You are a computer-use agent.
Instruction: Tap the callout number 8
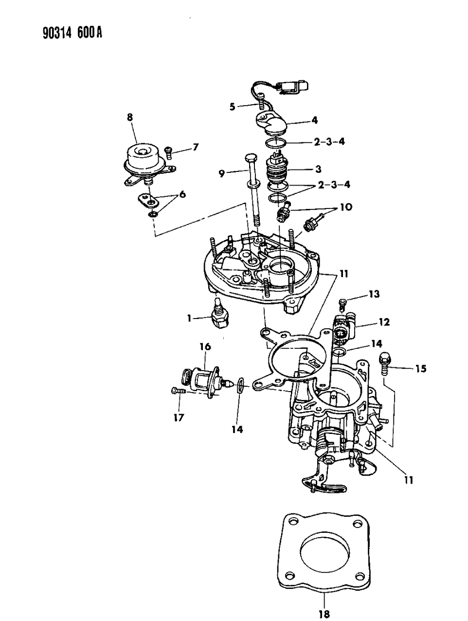pos(130,117)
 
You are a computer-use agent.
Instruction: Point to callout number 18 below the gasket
pos(324,610)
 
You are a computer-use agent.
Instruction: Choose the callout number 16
pos(204,346)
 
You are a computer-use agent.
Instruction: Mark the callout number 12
pos(385,322)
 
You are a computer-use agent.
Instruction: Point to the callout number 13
pos(374,294)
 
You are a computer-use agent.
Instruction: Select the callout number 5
pos(233,106)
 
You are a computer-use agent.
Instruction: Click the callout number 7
pos(195,147)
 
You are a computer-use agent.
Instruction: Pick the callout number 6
pos(182,194)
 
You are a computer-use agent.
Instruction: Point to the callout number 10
pos(346,207)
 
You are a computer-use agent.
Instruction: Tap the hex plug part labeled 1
pos(218,318)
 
